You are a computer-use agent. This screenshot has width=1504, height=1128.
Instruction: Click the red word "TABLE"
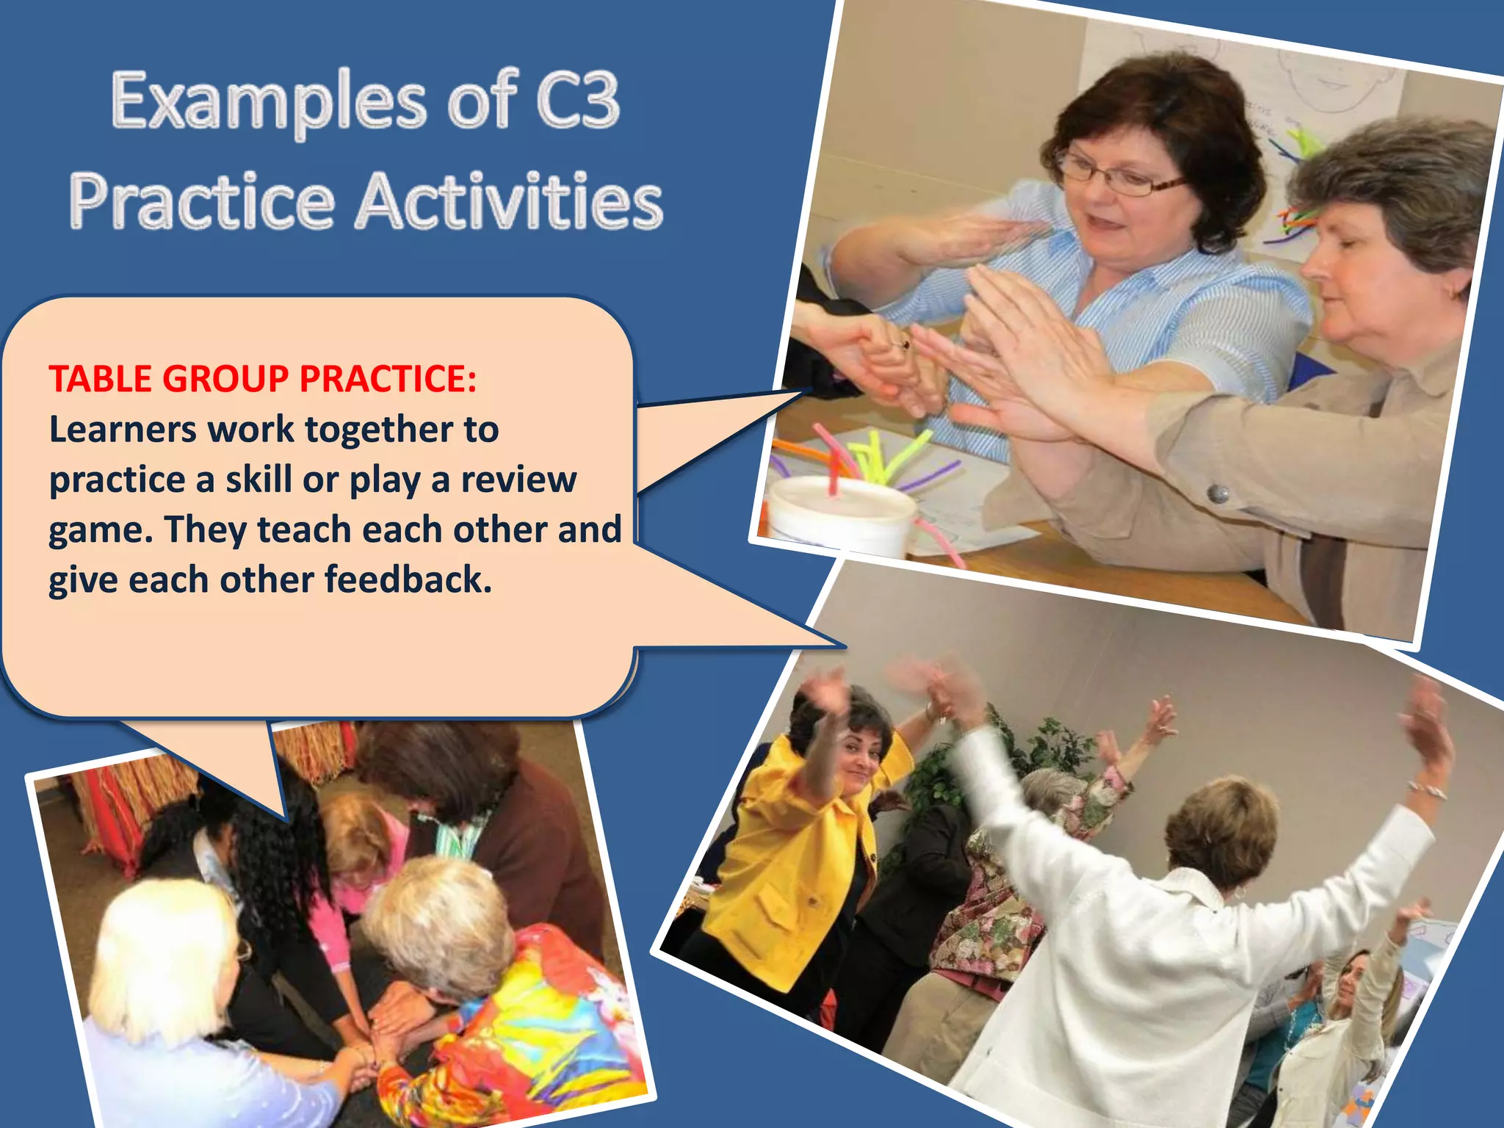pos(99,379)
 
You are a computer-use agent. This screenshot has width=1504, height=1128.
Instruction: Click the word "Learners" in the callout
pos(122,430)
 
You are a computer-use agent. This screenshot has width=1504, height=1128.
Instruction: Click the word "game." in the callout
pos(101,529)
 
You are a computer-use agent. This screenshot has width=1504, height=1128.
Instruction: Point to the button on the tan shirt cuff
pos(1218,493)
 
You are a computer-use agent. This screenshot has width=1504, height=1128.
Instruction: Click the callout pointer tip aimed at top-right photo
pos(808,391)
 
